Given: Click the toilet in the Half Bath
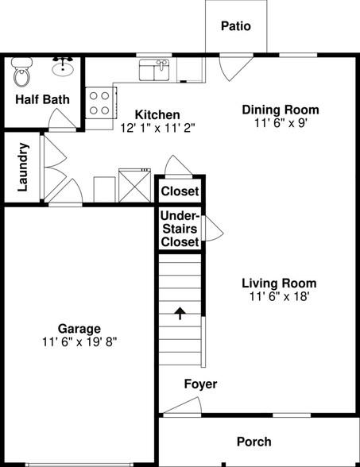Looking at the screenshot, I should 22,75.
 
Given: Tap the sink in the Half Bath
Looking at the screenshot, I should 63,69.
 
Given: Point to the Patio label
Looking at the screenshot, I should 235,26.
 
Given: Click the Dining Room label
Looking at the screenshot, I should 281,110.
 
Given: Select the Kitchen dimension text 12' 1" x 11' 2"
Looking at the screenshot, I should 157,127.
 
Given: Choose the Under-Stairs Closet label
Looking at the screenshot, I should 180,229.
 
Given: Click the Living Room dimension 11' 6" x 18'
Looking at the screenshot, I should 279,296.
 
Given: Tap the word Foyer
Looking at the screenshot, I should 200,384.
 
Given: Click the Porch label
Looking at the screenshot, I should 254,442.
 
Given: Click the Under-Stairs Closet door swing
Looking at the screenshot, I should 212,229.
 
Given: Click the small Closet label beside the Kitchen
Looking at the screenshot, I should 180,191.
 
